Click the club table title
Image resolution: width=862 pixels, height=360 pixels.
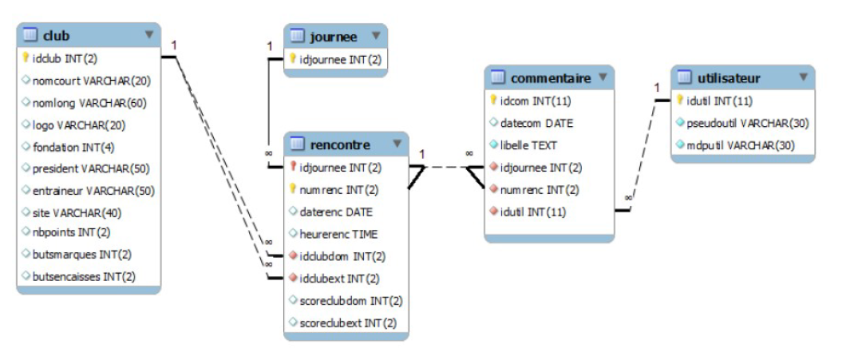[x=57, y=35]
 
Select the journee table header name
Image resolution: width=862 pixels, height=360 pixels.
[x=334, y=36]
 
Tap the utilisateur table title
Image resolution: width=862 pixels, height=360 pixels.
[x=729, y=78]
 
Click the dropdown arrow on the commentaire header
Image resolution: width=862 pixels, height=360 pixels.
[x=603, y=77]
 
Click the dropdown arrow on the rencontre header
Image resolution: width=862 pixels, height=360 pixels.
[x=397, y=144]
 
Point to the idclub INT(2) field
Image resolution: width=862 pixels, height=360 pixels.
[x=65, y=58]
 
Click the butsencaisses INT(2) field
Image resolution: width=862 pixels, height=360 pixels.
[x=84, y=276]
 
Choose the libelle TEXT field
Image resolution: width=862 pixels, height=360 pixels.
[x=528, y=145]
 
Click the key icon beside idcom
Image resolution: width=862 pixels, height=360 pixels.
[x=493, y=101]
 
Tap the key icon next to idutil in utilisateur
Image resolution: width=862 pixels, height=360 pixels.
[x=680, y=101]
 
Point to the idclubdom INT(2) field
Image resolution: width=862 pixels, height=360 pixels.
[x=342, y=256]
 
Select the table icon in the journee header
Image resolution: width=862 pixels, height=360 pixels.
[x=297, y=36]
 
